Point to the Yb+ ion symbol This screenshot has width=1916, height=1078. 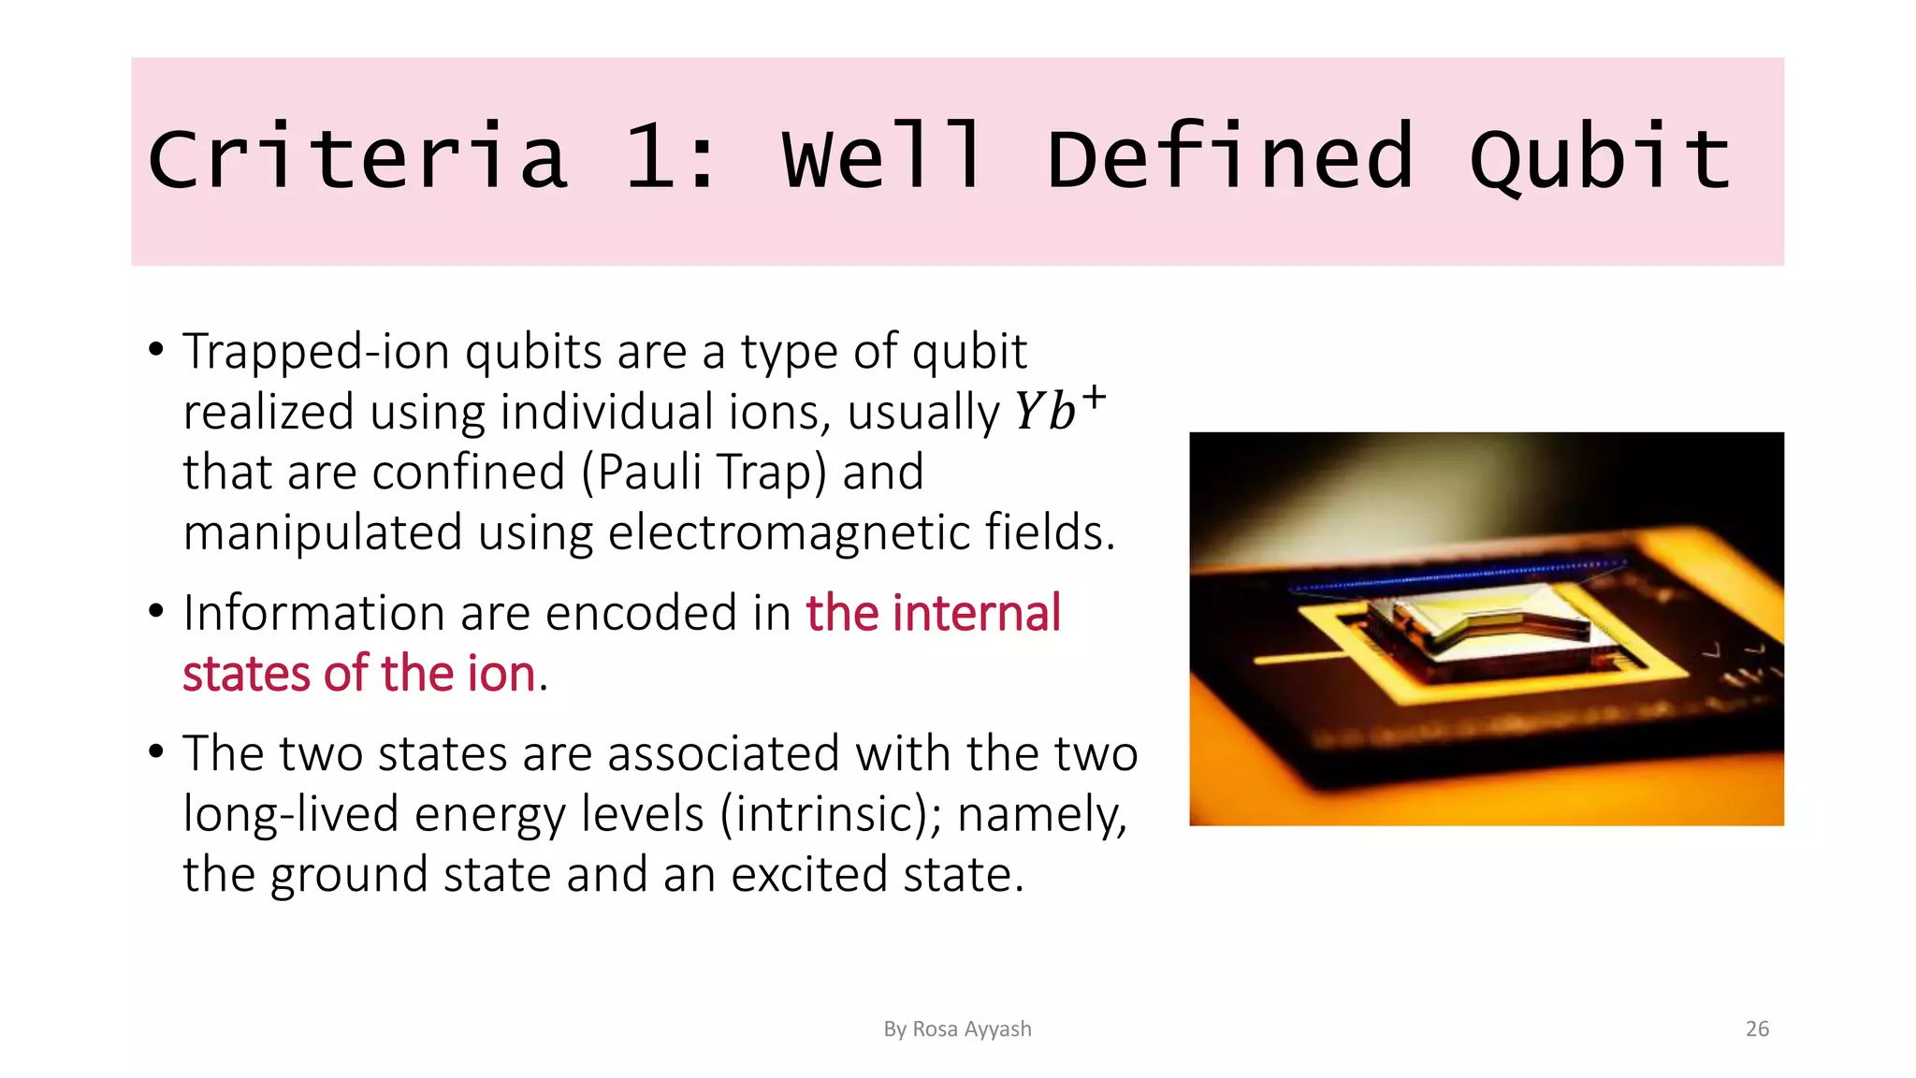pos(1060,409)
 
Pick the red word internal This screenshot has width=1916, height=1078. pos(977,613)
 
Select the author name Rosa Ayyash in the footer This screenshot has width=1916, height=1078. pos(971,1029)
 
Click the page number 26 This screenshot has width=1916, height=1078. pos(1757,1029)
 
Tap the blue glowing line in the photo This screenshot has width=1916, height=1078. pos(1459,576)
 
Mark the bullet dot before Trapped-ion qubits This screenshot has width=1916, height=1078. pos(156,350)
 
